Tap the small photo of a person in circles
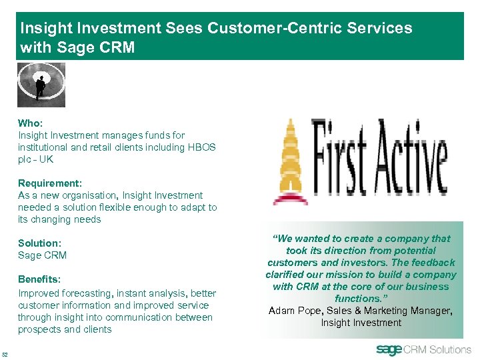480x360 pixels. [41, 85]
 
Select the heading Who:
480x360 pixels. [30, 123]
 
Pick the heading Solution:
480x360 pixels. [39, 243]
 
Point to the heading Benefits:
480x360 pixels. [39, 279]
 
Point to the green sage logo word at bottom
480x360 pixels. [389, 349]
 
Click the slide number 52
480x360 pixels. [5, 353]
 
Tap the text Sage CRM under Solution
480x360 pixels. [42, 255]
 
